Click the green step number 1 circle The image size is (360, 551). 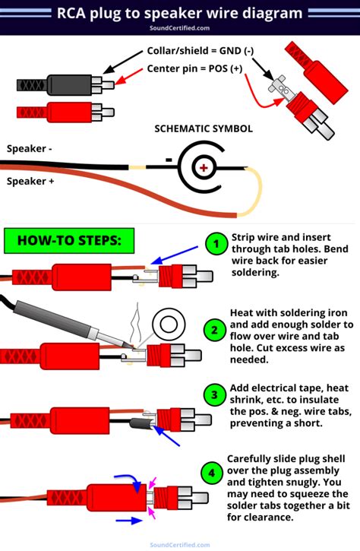[x=216, y=244]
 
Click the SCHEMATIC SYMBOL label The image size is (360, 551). [x=203, y=129]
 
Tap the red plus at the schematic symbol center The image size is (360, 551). [x=204, y=167]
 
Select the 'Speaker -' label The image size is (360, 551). [x=30, y=148]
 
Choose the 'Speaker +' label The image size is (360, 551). [x=30, y=181]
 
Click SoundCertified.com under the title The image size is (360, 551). [x=180, y=27]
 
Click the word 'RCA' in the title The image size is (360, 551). [x=74, y=12]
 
